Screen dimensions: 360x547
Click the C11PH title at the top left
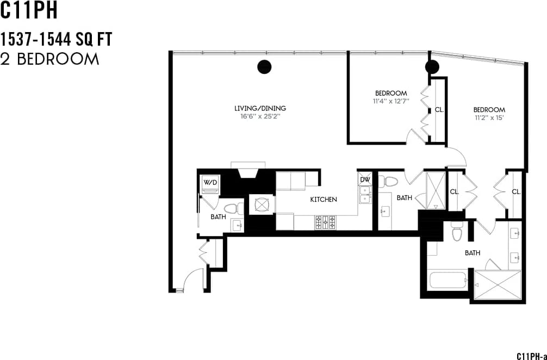29,11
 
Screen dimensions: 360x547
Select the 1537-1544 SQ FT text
56,40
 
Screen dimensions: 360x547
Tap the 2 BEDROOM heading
50,59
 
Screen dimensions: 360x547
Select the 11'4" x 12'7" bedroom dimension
390,101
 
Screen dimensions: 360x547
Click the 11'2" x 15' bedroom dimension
489,117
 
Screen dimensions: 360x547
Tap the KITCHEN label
324,200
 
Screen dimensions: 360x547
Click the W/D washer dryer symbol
210,183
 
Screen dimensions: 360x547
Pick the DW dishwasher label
365,179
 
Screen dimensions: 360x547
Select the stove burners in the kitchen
325,222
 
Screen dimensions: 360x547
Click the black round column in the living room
264,66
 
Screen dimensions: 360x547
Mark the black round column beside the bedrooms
432,67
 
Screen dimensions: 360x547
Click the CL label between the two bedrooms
439,109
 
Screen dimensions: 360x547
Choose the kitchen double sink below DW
365,194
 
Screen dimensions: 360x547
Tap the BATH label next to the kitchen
404,198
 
